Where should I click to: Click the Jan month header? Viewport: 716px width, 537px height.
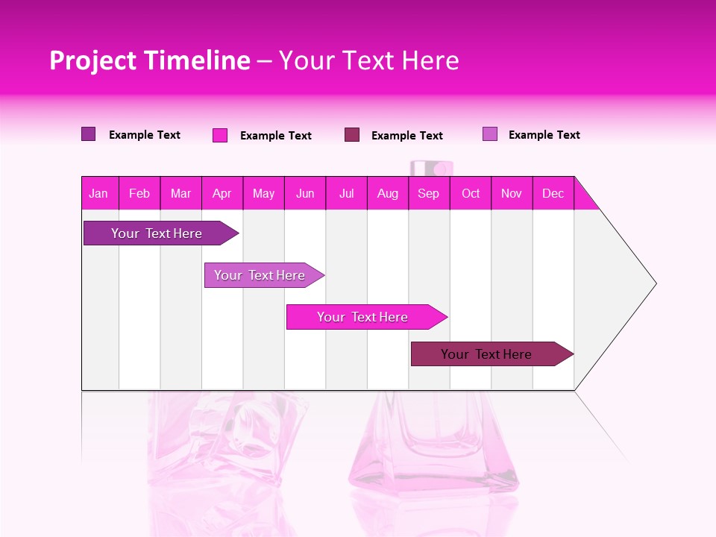[x=99, y=193]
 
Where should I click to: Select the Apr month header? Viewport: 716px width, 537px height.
[x=222, y=193]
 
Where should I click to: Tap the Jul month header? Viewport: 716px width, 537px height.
[x=347, y=193]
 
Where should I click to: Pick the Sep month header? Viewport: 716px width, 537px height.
[x=429, y=193]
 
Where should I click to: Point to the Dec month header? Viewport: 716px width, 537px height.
[x=553, y=193]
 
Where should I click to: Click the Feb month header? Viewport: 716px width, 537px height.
[x=139, y=193]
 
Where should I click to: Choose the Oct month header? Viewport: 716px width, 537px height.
[x=471, y=193]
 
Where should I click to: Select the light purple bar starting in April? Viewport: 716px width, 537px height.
[x=261, y=275]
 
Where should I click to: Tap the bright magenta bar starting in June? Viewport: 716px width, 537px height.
[x=364, y=317]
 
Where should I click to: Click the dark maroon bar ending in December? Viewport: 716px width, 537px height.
[x=489, y=354]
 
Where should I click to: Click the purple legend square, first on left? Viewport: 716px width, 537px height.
[x=89, y=134]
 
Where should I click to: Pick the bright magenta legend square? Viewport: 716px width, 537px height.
[x=220, y=135]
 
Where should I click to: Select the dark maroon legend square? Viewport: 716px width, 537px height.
[x=352, y=135]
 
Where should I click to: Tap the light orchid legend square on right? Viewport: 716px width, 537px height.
[x=490, y=134]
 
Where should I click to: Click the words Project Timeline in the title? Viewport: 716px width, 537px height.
[x=150, y=60]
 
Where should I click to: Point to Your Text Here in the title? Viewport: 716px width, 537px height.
[x=369, y=60]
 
